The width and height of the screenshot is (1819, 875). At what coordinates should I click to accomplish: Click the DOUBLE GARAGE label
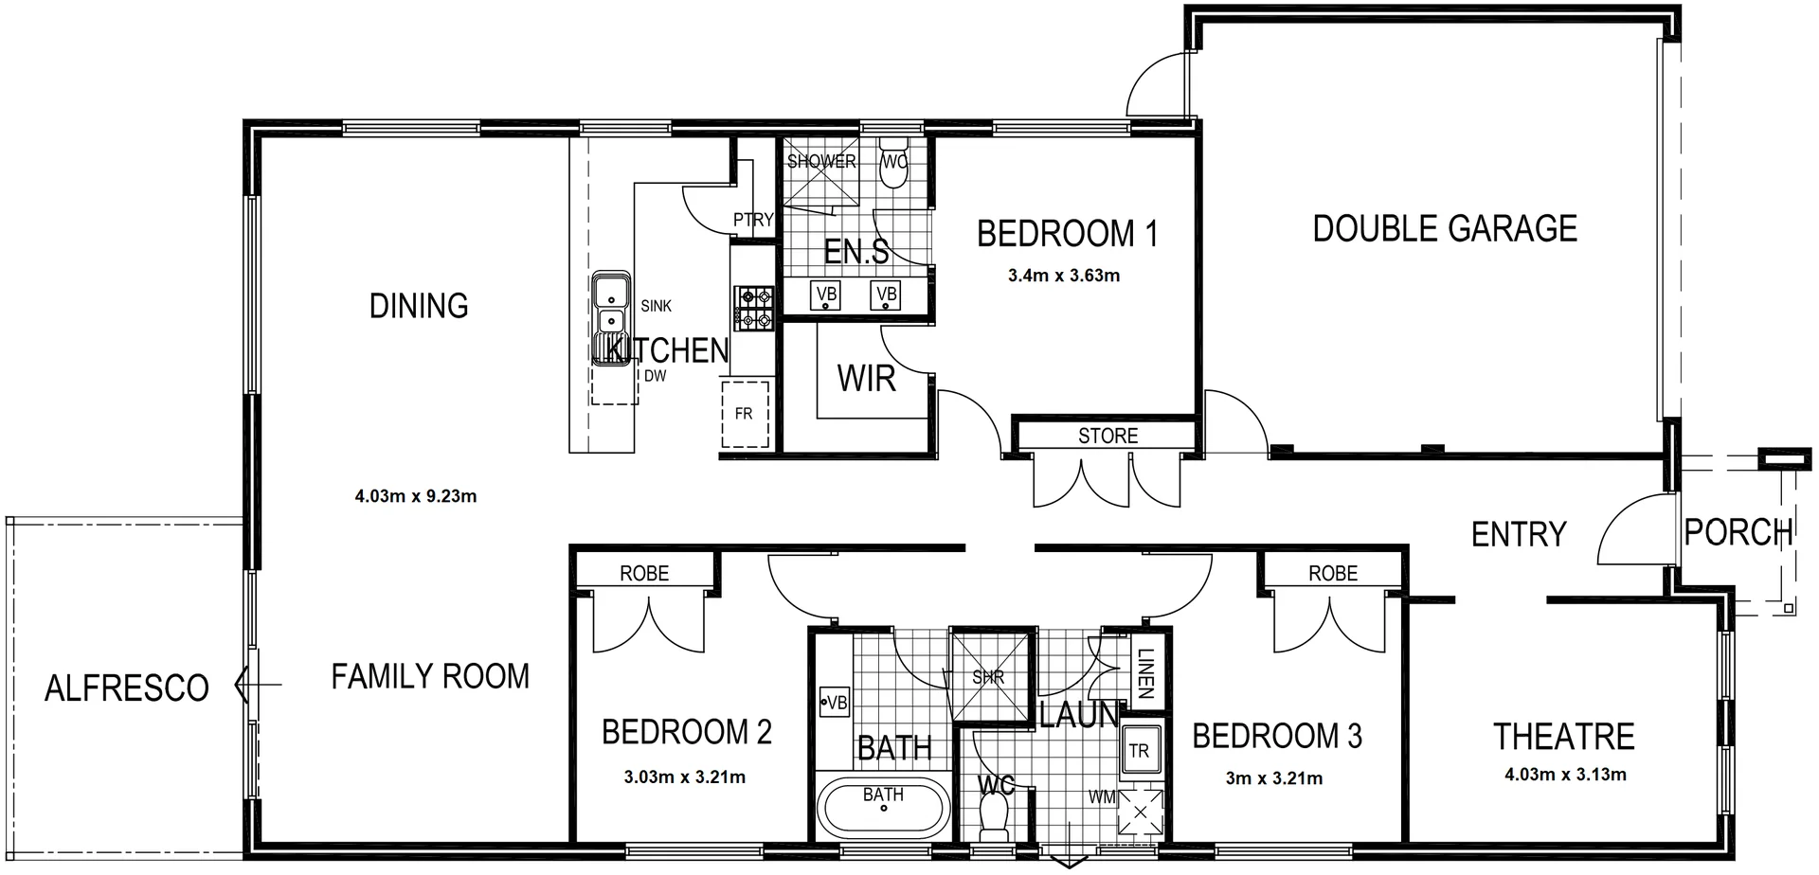[1445, 229]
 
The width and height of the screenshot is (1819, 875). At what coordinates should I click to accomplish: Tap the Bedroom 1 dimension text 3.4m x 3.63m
[1064, 277]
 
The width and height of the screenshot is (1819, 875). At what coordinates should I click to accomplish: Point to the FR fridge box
[745, 414]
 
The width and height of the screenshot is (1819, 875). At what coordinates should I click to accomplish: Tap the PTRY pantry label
[753, 220]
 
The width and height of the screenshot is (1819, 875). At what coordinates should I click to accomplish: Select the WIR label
[866, 379]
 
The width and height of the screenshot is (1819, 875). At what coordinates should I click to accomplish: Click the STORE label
[1108, 437]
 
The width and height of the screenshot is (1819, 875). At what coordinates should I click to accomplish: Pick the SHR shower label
[987, 678]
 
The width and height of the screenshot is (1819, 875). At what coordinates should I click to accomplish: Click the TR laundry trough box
[1139, 751]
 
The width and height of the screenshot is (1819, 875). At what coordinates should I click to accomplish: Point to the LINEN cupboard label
[1144, 673]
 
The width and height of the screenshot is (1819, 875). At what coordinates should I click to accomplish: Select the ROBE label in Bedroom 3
[1333, 574]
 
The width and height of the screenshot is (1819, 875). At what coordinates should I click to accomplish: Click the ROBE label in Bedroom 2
[644, 574]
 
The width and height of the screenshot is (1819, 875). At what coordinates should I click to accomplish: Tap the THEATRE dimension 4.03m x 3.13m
[1565, 775]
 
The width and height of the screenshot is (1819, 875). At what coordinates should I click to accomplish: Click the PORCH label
[1738, 533]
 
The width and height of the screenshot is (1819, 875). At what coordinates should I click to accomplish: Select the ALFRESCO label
[127, 688]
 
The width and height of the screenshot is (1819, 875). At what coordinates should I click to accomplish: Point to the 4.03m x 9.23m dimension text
[416, 496]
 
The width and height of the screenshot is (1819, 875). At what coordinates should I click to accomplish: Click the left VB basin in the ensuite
[826, 295]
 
